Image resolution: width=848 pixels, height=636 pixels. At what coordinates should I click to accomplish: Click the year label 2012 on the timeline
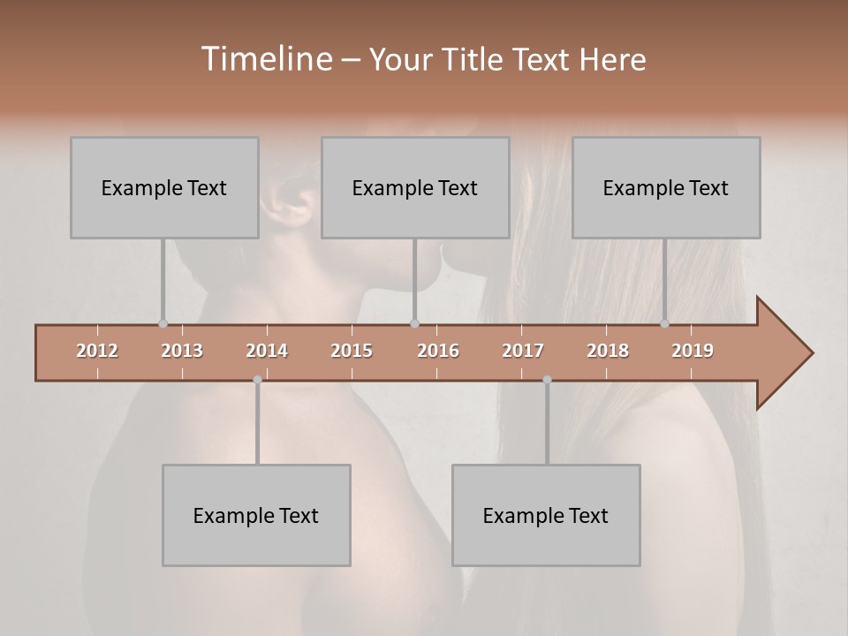[97, 351]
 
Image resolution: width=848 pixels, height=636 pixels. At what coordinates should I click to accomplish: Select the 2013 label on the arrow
[182, 351]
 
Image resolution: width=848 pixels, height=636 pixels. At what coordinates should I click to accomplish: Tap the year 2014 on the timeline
[267, 351]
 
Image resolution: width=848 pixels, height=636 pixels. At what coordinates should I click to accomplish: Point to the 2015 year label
[352, 351]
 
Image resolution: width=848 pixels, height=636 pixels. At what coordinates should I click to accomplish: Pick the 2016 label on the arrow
[438, 351]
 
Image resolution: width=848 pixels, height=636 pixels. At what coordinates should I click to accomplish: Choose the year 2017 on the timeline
[523, 351]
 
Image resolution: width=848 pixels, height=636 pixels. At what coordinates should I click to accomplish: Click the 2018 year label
[608, 351]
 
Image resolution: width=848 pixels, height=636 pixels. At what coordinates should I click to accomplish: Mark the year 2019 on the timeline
[693, 351]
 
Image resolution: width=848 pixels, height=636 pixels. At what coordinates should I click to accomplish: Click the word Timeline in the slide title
[265, 59]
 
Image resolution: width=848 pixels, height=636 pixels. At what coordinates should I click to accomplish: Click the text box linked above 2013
[164, 187]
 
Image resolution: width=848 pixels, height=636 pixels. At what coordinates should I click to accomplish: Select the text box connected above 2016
[415, 187]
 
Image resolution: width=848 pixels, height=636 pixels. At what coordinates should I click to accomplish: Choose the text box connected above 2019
[666, 187]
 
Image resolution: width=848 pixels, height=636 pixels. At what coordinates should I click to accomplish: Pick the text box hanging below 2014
[256, 515]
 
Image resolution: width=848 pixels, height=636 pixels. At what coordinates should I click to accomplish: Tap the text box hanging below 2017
[546, 515]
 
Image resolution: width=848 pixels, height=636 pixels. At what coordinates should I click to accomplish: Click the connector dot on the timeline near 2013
[163, 323]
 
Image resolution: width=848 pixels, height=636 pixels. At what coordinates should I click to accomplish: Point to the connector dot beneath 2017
[547, 380]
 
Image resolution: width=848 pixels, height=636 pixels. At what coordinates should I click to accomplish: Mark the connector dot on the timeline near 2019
[664, 323]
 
